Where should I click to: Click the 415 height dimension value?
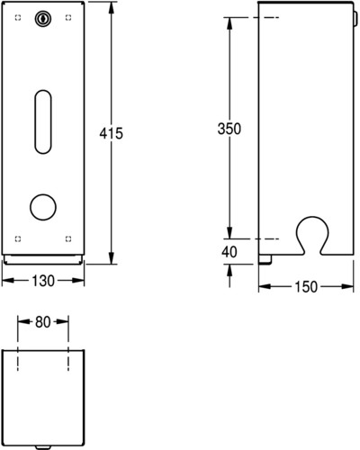(111, 133)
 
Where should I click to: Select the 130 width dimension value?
(43, 281)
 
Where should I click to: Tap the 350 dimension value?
(229, 129)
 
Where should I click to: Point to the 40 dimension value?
(229, 252)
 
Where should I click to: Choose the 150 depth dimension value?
(306, 287)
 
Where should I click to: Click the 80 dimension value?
(43, 322)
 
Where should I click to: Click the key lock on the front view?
(43, 19)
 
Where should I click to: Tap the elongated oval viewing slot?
(43, 121)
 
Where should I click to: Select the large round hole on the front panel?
(43, 207)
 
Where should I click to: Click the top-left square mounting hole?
(18, 17)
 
